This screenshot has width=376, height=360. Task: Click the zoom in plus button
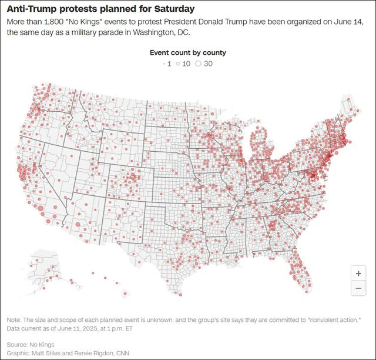(x=358, y=274)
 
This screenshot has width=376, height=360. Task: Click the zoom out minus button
(x=358, y=288)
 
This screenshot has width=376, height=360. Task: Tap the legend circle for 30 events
(x=198, y=64)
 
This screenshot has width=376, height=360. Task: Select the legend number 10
(x=186, y=64)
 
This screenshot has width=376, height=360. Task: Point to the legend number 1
(x=169, y=64)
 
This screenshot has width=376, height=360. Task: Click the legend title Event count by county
(x=188, y=52)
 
